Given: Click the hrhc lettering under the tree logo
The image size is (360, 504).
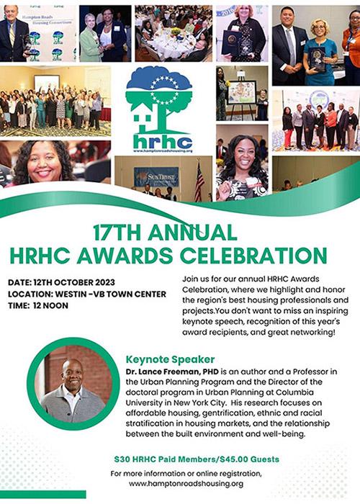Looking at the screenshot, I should click(163, 142).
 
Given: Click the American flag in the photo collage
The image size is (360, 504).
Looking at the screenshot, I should click(199, 181).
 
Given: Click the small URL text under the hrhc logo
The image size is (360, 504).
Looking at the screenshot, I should click(163, 152).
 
